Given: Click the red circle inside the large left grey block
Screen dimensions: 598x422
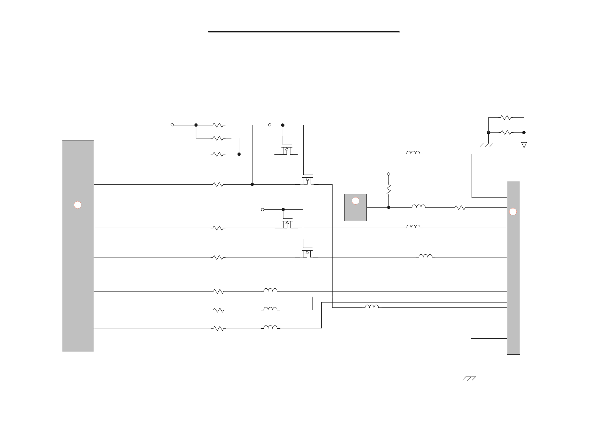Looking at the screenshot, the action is coord(78,205).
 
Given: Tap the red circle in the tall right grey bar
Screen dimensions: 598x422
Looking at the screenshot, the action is coord(513,212).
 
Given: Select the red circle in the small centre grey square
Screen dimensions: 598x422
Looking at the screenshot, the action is coord(355,201).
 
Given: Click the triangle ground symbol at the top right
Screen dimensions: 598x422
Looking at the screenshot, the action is coord(524,145).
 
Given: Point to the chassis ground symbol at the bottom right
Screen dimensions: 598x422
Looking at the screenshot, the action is coord(469,378).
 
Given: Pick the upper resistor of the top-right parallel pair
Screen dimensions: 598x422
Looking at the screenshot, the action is coord(506,117).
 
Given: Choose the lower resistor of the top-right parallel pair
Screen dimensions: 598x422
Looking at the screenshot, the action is coord(506,133).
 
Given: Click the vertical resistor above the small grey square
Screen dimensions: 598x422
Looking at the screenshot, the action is coord(388,189).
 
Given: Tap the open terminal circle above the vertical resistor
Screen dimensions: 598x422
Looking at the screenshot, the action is coord(388,174).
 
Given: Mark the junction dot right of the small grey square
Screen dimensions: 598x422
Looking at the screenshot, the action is coord(388,207).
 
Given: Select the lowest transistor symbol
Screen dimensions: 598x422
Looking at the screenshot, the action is coord(307,253).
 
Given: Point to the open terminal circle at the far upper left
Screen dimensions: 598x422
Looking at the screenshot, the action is coord(172,125).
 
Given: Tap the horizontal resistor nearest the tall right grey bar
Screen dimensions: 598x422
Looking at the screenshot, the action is coord(460,208).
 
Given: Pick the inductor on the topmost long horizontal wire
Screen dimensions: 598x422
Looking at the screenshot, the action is coord(413,153).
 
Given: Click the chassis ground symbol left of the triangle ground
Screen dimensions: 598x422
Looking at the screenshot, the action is coord(486,145).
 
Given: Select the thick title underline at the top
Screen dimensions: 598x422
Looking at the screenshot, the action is coord(304,32).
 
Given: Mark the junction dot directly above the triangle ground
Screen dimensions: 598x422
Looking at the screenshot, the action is coord(524,133).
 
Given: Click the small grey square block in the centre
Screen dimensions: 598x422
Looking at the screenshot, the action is coord(355,208).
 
